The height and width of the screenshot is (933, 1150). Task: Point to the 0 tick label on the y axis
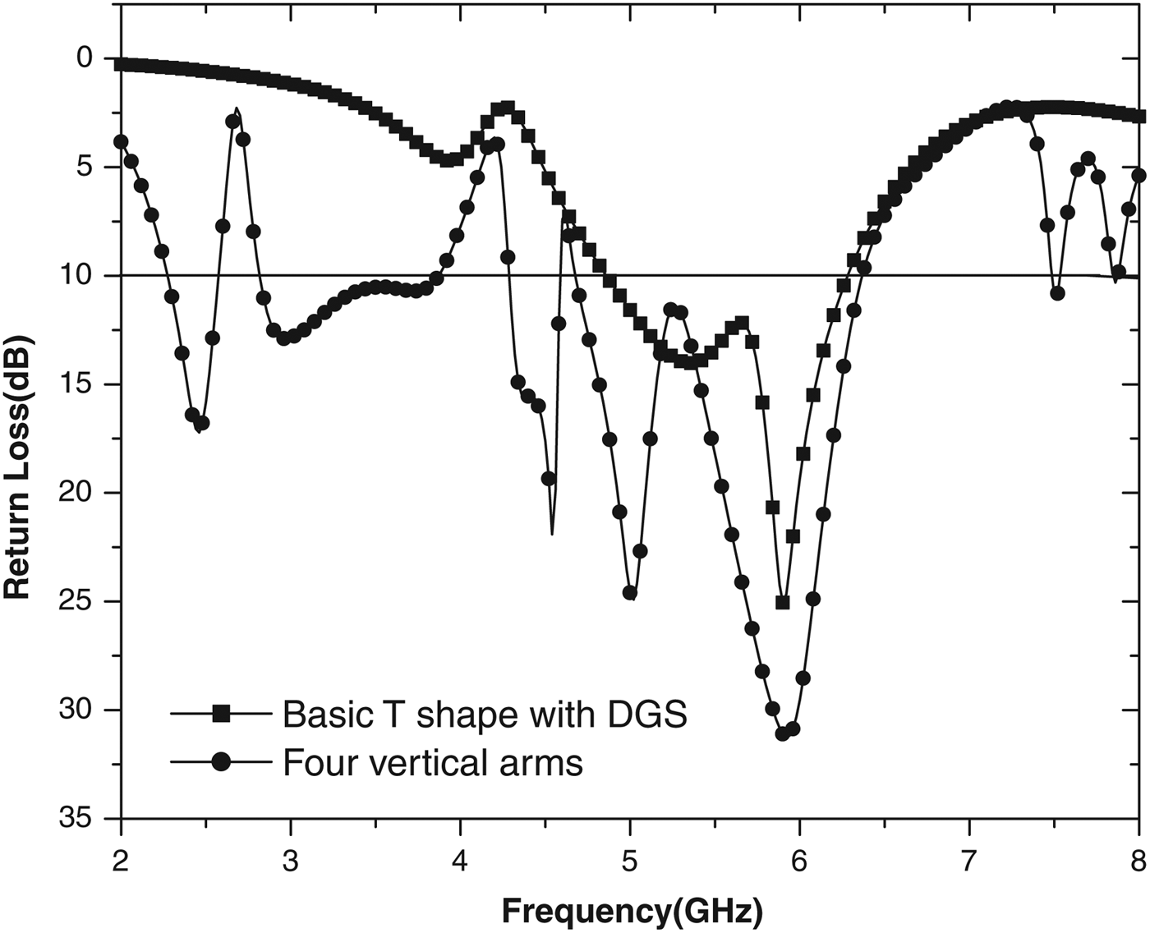(x=85, y=58)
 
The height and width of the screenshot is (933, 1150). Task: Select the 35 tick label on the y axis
(x=78, y=820)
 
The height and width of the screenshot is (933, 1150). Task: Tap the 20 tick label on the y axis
(x=78, y=493)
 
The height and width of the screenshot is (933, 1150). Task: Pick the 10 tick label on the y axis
(x=78, y=275)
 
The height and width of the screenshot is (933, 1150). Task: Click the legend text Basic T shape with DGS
(x=485, y=715)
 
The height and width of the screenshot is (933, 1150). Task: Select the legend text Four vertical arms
(x=433, y=763)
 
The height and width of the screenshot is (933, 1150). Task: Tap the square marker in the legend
(x=221, y=714)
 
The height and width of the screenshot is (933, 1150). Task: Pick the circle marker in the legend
(x=221, y=762)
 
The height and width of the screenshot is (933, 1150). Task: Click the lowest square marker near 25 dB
(x=783, y=602)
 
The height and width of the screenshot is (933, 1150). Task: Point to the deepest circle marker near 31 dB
(x=783, y=733)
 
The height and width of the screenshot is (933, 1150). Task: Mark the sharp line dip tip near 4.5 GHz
(x=551, y=534)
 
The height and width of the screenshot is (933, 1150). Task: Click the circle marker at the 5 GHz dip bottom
(x=630, y=592)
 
